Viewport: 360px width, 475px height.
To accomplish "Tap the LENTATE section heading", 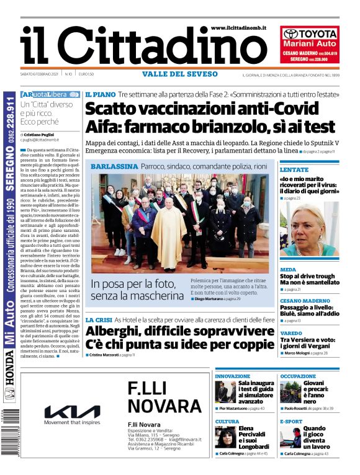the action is coord(294,169).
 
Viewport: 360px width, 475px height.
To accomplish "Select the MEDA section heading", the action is coord(288,270).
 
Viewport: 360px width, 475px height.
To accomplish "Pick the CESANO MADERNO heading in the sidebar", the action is coord(305,301).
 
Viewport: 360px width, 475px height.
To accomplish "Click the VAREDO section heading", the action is coord(291,332).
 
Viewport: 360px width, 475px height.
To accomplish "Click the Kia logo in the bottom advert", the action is coord(72,412).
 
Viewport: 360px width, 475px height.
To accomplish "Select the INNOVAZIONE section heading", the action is coord(233,376).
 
